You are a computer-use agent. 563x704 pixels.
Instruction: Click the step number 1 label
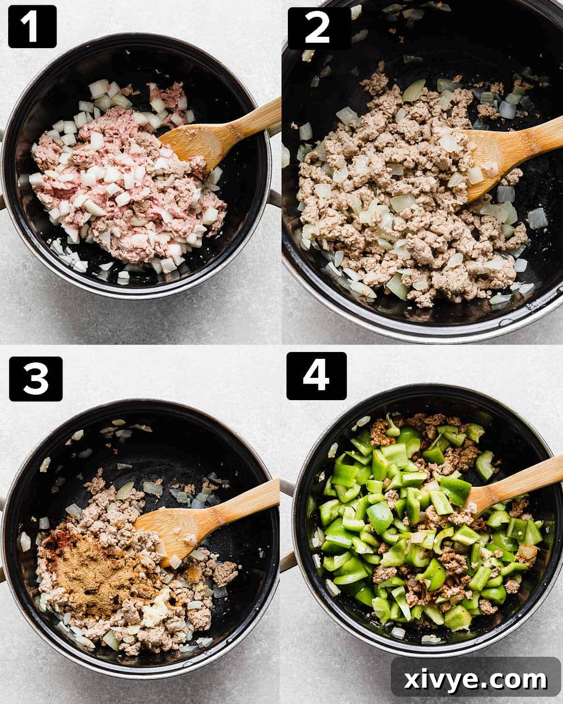tap(32, 26)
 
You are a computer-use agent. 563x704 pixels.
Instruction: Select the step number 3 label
tap(35, 378)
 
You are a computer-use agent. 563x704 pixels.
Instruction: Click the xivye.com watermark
tap(476, 680)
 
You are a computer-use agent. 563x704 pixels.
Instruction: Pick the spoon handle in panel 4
tap(527, 481)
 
